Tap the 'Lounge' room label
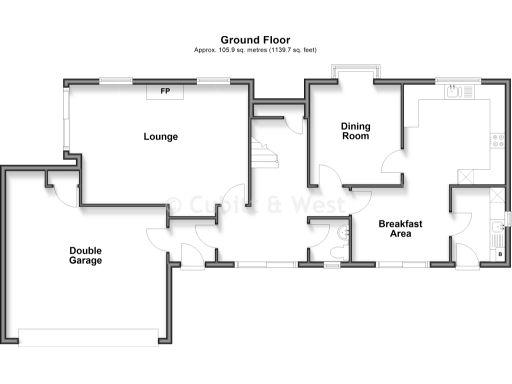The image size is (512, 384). tap(160, 136)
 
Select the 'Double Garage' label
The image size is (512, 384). tap(85, 255)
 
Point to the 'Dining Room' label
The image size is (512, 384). tap(356, 131)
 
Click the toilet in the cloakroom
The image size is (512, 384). tap(343, 232)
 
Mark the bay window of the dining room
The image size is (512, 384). tap(355, 72)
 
